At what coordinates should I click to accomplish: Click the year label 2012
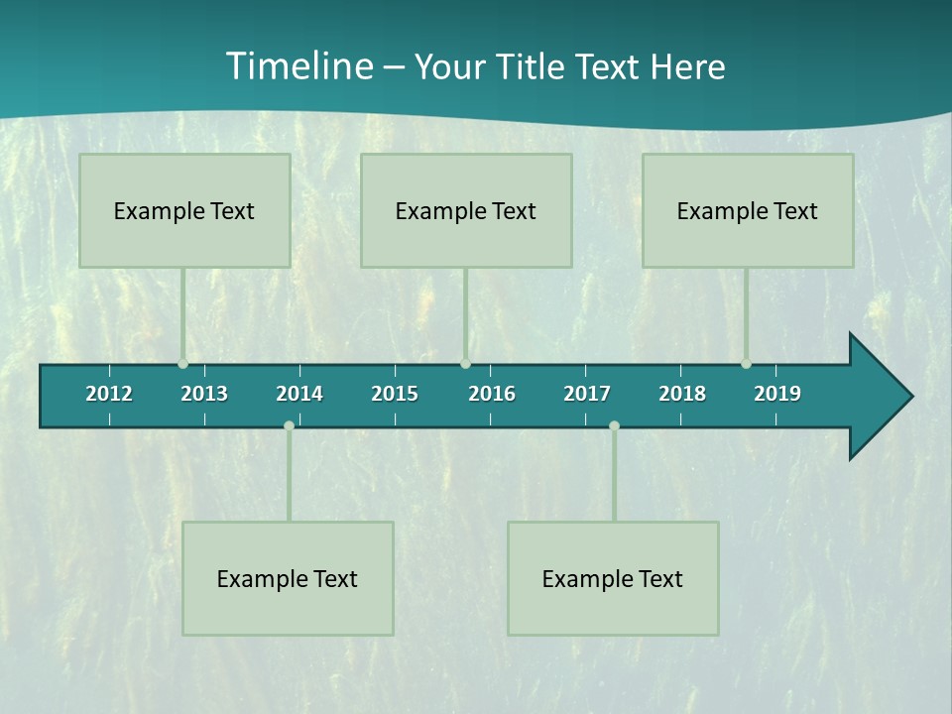tap(109, 394)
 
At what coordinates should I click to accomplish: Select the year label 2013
tap(204, 394)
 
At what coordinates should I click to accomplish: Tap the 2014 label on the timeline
tap(299, 394)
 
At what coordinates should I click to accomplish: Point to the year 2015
tap(395, 394)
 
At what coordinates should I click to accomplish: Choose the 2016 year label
tap(492, 394)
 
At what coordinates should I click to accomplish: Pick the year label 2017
tap(587, 394)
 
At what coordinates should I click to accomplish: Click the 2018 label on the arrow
tap(682, 394)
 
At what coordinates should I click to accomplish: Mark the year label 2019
tap(777, 394)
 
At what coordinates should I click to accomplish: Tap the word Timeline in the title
tap(298, 66)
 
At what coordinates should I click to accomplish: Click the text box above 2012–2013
tap(184, 210)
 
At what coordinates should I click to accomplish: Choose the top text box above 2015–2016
tap(466, 210)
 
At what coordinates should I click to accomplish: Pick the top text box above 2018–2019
tap(748, 210)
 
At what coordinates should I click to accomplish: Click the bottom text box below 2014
tap(288, 578)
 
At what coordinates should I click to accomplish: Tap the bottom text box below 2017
tap(613, 578)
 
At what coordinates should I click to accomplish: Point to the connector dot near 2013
tap(182, 363)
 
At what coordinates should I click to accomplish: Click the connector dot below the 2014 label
tap(289, 426)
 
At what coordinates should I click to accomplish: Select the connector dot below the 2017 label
tap(614, 426)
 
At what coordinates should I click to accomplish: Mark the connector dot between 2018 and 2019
tap(746, 363)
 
